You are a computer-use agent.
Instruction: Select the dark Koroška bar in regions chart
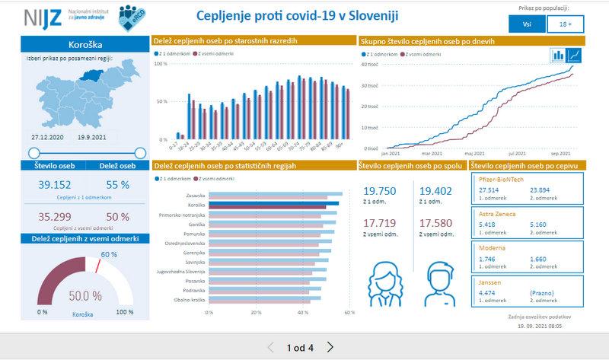275,205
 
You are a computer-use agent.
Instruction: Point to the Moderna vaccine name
490,248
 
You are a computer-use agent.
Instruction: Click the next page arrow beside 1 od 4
330,347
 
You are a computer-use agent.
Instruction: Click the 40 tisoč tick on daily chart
371,65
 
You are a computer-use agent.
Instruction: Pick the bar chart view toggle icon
557,56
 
